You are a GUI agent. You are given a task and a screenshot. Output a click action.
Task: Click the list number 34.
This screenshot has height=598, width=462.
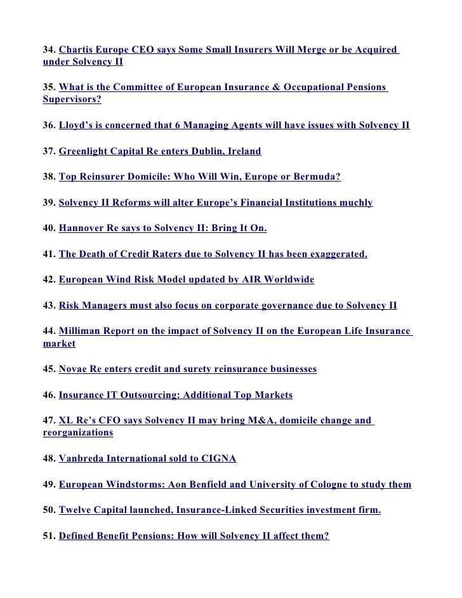coord(49,50)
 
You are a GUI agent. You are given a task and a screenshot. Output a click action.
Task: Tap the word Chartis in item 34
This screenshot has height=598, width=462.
coord(77,50)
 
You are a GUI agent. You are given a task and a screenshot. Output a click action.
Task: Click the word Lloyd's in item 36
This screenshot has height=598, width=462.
coord(76,126)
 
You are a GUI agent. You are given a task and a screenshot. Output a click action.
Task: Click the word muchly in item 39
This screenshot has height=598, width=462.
coord(357,203)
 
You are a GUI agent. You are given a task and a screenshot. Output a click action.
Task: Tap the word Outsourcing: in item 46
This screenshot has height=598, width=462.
coord(149,395)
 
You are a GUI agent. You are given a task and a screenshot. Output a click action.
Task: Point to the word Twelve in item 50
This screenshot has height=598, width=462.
coord(75,510)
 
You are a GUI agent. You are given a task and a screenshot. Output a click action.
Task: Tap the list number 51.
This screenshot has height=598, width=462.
coord(49,536)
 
